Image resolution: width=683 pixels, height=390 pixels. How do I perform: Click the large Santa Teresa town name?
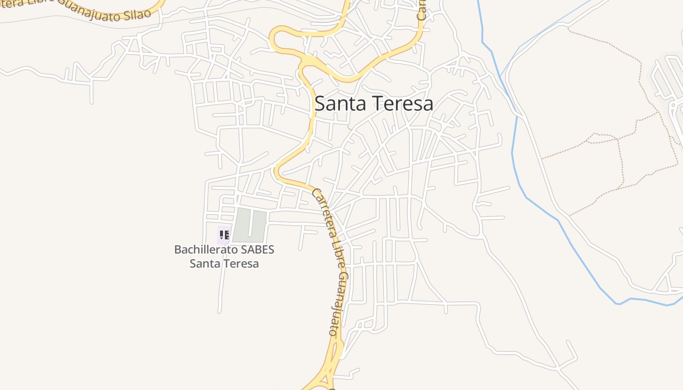(374, 103)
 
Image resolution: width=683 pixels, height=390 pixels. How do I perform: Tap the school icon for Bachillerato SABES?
(224, 235)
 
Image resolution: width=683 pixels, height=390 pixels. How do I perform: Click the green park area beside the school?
(249, 226)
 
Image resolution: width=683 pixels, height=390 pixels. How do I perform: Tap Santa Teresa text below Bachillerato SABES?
(224, 264)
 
